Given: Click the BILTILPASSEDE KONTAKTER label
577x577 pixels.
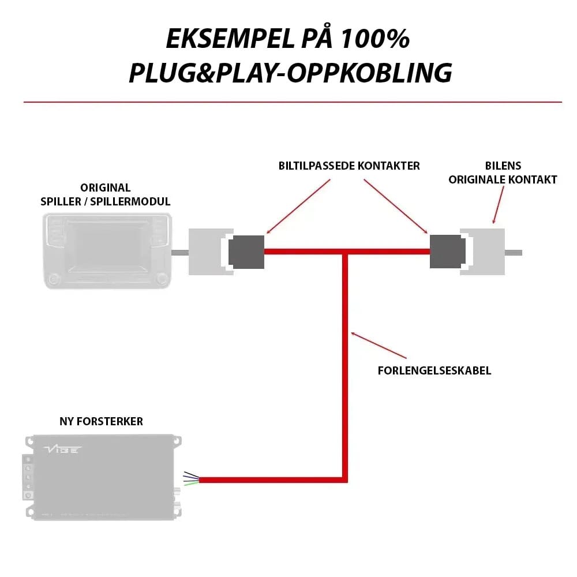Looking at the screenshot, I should click(349, 166).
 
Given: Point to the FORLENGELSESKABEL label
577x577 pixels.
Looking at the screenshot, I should click(434, 370).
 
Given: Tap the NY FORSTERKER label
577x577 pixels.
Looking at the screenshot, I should click(102, 422).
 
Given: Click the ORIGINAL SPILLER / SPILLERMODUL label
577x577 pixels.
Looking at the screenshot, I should click(106, 194).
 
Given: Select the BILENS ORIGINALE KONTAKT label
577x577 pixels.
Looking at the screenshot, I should click(503, 173).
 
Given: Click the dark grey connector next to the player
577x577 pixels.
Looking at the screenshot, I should click(246, 252).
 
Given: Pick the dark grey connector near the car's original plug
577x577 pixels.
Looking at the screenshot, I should click(448, 252).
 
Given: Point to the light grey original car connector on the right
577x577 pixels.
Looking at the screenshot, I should click(485, 252).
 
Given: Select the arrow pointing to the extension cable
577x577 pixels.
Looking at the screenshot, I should click(378, 344).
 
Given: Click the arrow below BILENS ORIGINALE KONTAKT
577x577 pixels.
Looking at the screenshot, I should click(497, 205).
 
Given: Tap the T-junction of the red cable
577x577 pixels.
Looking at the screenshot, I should click(345, 252).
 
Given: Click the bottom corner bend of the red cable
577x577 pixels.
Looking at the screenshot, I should click(345, 479).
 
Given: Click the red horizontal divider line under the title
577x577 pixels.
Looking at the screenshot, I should click(293, 102).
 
